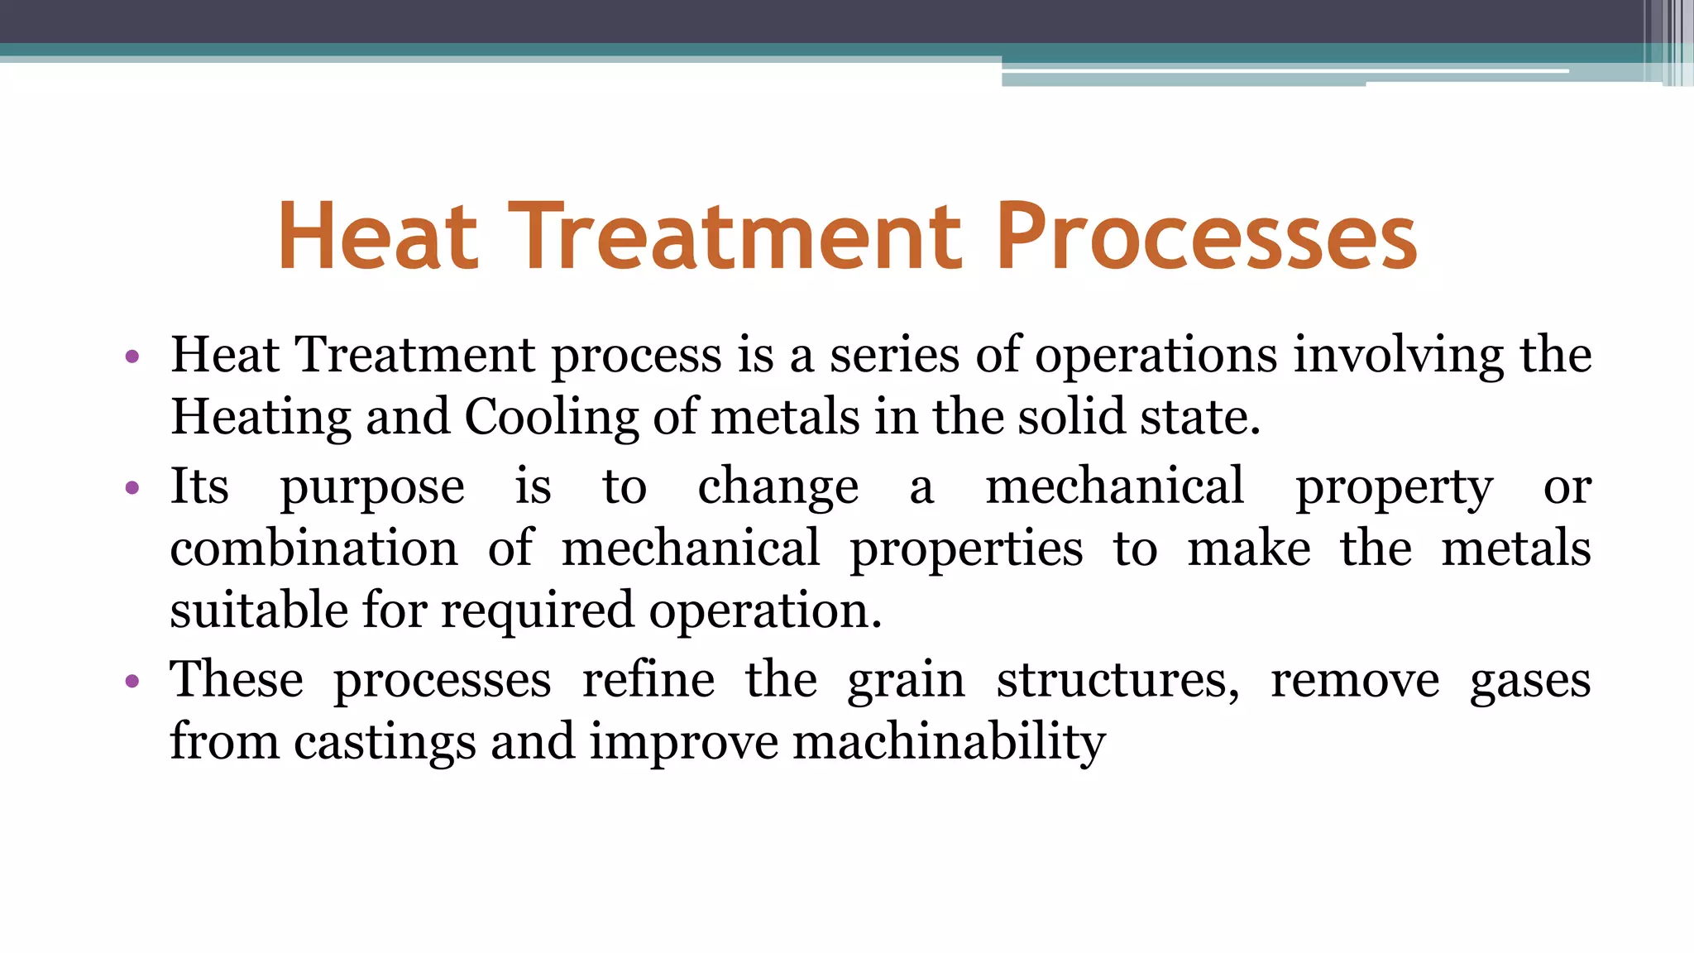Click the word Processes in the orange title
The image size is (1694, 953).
pyautogui.click(x=1207, y=237)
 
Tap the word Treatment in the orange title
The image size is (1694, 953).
pyautogui.click(x=735, y=237)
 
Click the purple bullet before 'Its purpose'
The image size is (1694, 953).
pyautogui.click(x=132, y=487)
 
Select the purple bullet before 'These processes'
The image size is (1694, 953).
pyautogui.click(x=132, y=682)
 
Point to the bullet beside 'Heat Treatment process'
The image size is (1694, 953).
pyautogui.click(x=132, y=357)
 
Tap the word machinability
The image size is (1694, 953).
pyautogui.click(x=949, y=741)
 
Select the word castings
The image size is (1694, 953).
pyautogui.click(x=385, y=741)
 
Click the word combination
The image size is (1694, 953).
pyautogui.click(x=313, y=548)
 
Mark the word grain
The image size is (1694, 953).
pyautogui.click(x=906, y=682)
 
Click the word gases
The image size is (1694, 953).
pyautogui.click(x=1530, y=682)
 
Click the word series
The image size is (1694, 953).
pyautogui.click(x=895, y=356)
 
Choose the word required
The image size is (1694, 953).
pyautogui.click(x=538, y=612)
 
